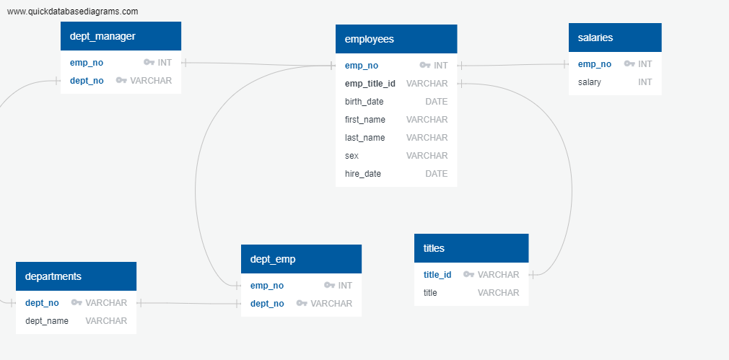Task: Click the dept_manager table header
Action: (x=102, y=36)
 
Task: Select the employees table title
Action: (x=370, y=39)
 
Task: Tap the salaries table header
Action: (x=595, y=38)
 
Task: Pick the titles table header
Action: (x=434, y=248)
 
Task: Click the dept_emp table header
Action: (x=273, y=259)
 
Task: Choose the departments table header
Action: (x=53, y=276)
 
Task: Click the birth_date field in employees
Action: (x=364, y=102)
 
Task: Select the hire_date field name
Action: (x=363, y=174)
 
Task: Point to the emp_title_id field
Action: (x=370, y=84)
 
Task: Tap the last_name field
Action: (x=365, y=138)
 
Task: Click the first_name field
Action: (x=365, y=120)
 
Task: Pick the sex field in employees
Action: (x=352, y=156)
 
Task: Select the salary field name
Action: (x=590, y=82)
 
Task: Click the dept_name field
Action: (x=47, y=321)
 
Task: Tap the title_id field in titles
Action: (x=437, y=275)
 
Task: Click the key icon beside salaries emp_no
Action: (x=629, y=64)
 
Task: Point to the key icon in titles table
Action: (x=468, y=275)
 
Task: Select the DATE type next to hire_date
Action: (x=436, y=174)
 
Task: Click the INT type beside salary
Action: (x=645, y=82)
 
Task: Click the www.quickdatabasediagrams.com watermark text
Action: (x=72, y=12)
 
